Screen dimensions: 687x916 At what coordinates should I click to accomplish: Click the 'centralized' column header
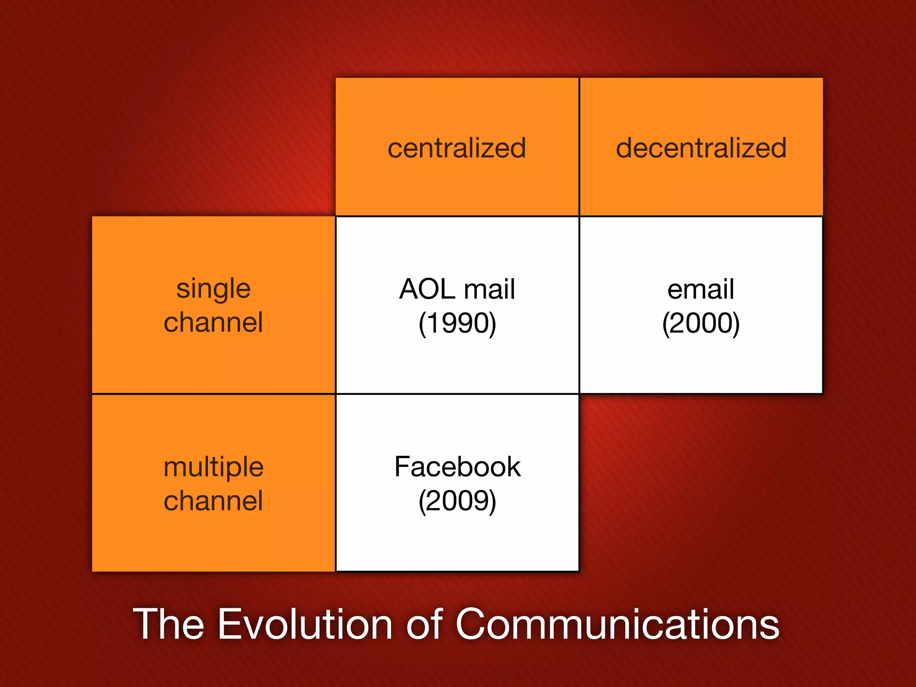tap(457, 148)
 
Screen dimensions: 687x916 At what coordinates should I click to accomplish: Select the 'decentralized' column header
tap(701, 148)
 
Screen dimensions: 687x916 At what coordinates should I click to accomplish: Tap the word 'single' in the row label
tap(213, 289)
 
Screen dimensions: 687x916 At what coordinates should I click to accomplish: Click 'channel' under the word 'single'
tap(213, 322)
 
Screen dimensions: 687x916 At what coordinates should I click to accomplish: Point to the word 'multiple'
tap(213, 468)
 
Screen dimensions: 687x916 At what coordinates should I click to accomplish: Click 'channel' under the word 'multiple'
tap(213, 500)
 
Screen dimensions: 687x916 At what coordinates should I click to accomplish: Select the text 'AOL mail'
tap(457, 289)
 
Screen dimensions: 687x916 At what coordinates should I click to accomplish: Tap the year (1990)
tap(457, 323)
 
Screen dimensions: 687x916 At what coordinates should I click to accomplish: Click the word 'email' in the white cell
tap(701, 289)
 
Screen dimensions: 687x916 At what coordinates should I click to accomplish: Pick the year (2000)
tap(701, 323)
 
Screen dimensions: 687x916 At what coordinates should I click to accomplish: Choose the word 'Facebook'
tap(457, 467)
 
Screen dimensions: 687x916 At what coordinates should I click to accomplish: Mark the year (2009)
tap(457, 500)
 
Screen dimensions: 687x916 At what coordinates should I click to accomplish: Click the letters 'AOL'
tap(427, 289)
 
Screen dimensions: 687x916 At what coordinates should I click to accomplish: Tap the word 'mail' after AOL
tap(490, 289)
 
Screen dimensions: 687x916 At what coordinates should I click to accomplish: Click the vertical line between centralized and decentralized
tap(579, 148)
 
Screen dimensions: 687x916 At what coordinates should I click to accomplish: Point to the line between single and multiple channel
tap(213, 394)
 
